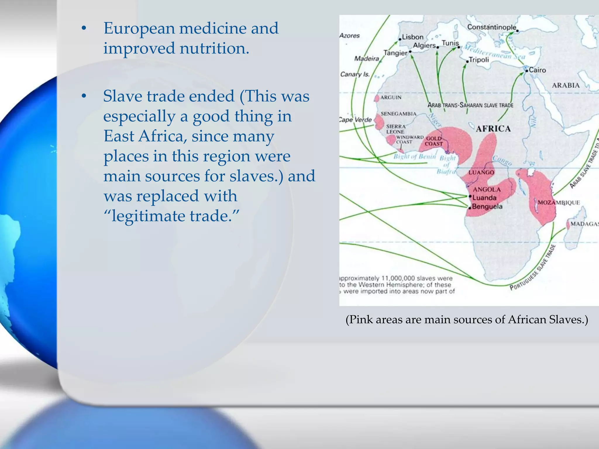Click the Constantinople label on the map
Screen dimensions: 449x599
coord(492,27)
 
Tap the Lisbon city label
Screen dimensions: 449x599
coord(413,37)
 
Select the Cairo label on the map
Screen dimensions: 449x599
coord(537,70)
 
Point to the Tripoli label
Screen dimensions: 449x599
coord(479,60)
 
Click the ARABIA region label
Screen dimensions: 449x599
coord(565,85)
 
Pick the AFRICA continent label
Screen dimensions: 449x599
coord(493,129)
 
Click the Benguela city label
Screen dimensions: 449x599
coord(487,207)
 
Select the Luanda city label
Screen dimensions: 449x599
coord(484,198)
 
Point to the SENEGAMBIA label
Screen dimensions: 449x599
coord(398,114)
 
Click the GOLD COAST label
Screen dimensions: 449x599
coord(434,141)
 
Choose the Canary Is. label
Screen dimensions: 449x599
coord(355,74)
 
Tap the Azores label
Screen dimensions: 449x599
coord(350,36)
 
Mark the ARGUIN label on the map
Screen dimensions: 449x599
coord(391,97)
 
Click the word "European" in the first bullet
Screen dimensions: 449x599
coord(139,29)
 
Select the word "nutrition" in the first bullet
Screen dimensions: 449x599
coord(214,48)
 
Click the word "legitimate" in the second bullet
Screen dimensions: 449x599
coord(149,216)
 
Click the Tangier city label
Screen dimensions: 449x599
coord(395,53)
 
